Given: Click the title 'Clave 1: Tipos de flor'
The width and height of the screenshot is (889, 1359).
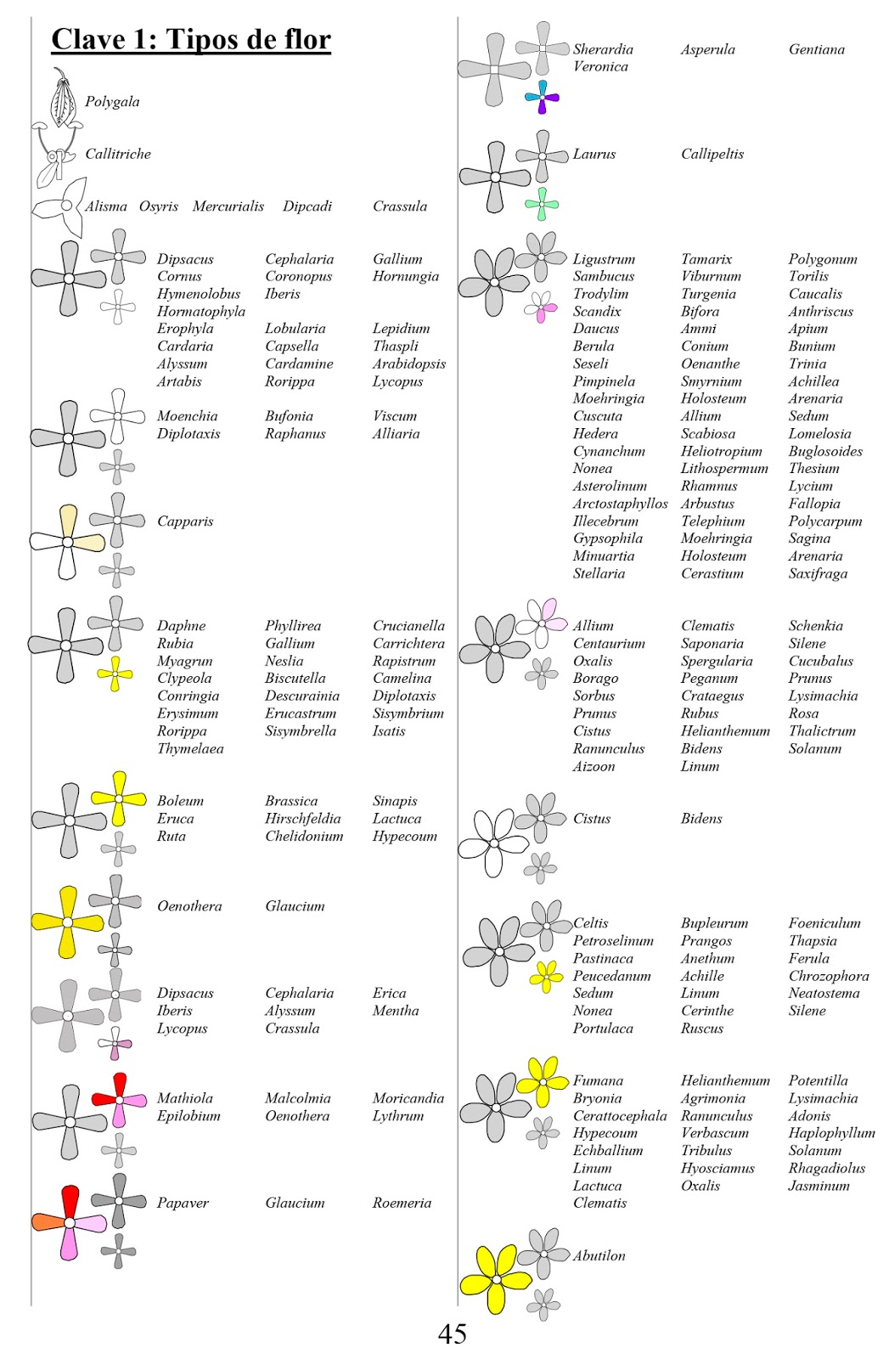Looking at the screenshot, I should tap(191, 39).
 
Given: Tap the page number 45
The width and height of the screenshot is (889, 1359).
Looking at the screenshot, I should tap(452, 1334).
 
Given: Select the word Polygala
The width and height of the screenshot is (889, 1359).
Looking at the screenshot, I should tap(112, 101).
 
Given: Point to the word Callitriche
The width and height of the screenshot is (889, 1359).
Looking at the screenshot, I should tap(118, 154).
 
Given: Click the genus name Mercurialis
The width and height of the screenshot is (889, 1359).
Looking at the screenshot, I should tap(228, 206).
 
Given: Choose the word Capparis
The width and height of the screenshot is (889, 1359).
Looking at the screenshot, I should tap(185, 521).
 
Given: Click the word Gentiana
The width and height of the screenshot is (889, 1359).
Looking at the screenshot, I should tap(816, 49).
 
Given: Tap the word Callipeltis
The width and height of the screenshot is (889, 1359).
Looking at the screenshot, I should tap(712, 154).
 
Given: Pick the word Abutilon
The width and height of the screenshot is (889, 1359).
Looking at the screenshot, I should tap(599, 1255).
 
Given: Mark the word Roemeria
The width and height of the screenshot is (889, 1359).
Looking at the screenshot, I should tap(402, 1203).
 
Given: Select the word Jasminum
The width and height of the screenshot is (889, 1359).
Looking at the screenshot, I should tap(819, 1186).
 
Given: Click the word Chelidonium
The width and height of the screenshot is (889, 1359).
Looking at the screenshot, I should tap(304, 836).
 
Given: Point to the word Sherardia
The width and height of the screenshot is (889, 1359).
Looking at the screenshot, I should tap(603, 49).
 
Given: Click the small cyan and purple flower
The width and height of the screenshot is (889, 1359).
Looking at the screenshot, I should tap(542, 97).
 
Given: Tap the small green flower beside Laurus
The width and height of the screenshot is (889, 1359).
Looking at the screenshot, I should tap(542, 204).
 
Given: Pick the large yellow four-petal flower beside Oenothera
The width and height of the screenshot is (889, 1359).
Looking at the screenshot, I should tap(67, 921).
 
